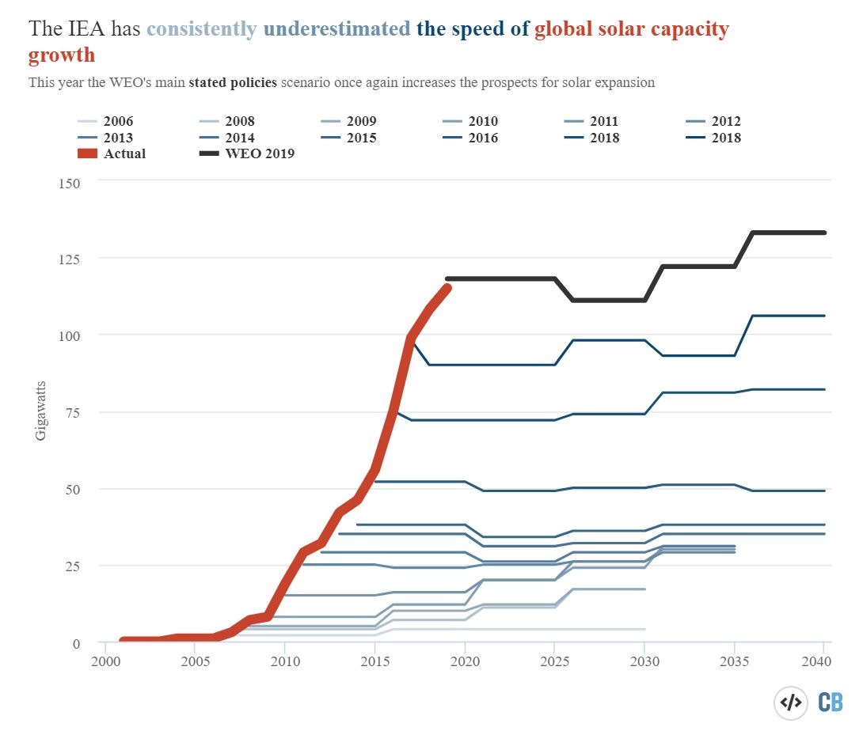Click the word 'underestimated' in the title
click(336, 29)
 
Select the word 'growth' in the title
click(62, 55)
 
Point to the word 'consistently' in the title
click(202, 29)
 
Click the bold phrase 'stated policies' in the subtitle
click(233, 82)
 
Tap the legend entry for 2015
click(360, 138)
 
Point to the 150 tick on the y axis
click(70, 183)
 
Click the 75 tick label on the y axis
click(74, 412)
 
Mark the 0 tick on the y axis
click(76, 643)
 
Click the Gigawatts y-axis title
click(40, 412)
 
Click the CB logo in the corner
click(830, 702)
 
